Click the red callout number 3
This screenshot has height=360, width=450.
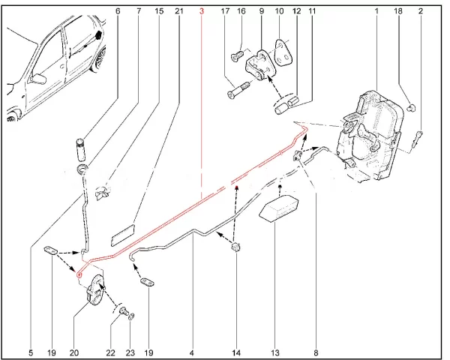coord(202,11)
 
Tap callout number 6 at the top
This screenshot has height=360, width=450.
coord(118,11)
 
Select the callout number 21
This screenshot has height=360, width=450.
coord(178,11)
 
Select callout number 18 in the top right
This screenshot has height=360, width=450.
coord(398,11)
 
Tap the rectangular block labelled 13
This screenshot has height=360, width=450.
coord(280,206)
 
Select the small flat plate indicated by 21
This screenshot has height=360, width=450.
coord(121,232)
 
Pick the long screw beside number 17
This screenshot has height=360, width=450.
coord(237,95)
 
